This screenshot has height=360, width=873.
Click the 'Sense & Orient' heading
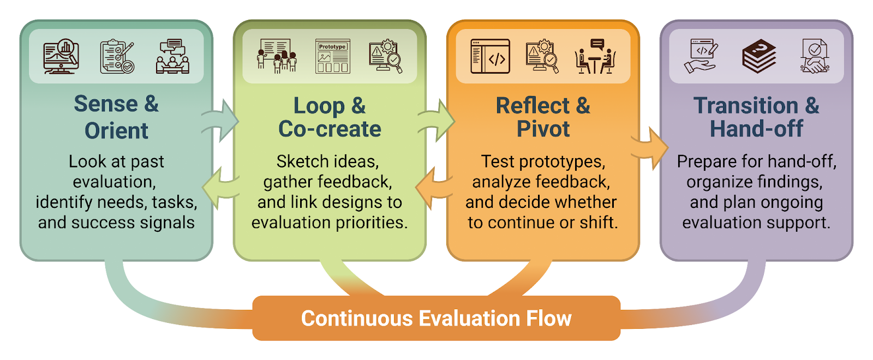tap(116, 117)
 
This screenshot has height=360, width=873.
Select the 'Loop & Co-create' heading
tap(330, 117)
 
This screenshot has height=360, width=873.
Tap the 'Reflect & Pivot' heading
tap(543, 117)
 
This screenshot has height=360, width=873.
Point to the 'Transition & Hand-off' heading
tap(756, 117)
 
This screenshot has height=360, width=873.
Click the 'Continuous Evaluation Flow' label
tap(436, 319)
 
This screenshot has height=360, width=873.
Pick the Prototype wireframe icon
tap(332, 56)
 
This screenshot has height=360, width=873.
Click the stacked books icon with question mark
tap(759, 56)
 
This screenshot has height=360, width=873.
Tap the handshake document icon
tap(815, 56)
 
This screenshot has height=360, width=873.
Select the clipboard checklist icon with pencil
tap(117, 56)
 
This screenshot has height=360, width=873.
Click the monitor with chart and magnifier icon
tap(61, 56)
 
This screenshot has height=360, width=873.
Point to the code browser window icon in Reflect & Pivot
tap(491, 56)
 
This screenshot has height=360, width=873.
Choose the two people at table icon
tap(595, 56)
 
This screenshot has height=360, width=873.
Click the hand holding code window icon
tap(701, 56)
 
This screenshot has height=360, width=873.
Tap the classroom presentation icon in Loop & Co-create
tap(277, 56)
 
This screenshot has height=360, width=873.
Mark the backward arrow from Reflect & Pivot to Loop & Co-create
tap(434, 188)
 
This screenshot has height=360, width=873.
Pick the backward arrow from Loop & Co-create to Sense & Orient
tap(220, 188)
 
